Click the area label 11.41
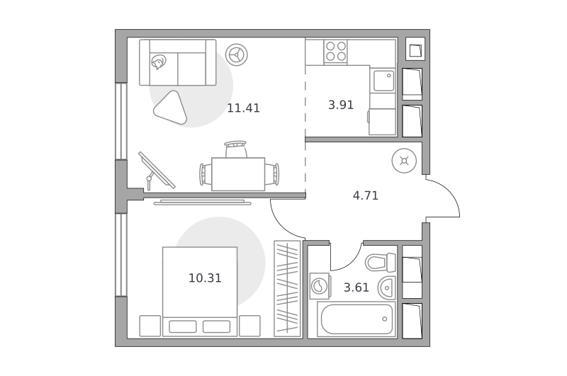click(243, 108)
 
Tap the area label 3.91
click(341, 105)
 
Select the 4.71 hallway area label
click(365, 195)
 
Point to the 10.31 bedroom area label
click(205, 278)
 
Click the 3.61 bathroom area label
click(357, 287)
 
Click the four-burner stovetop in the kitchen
click(335, 51)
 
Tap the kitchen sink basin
click(383, 81)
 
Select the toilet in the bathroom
click(381, 262)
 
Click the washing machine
click(320, 285)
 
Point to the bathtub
click(357, 319)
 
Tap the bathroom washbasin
click(387, 288)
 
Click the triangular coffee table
click(171, 108)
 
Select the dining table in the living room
click(238, 174)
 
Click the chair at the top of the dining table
click(235, 149)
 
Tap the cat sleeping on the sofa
click(159, 62)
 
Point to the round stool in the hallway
click(404, 161)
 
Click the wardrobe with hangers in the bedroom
click(287, 289)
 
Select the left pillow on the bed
click(183, 326)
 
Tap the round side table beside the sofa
click(237, 55)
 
